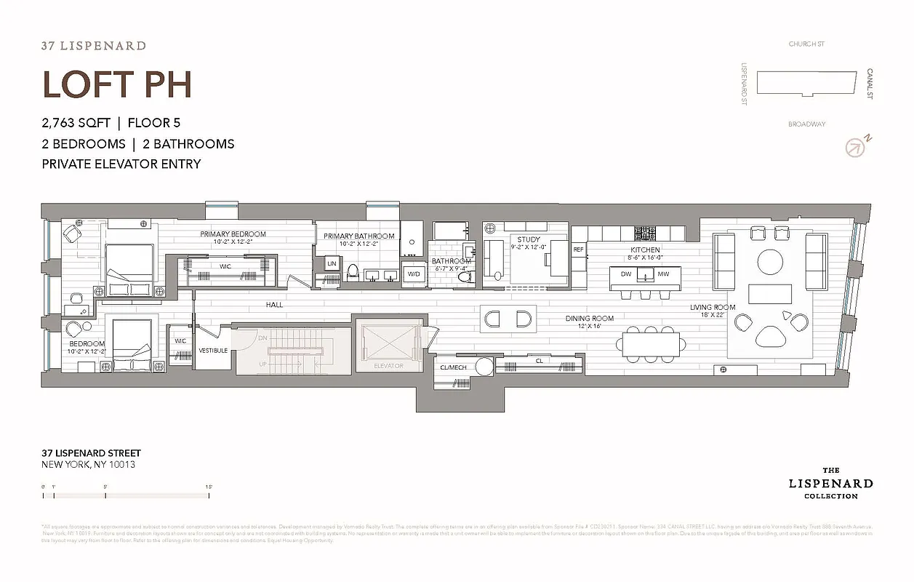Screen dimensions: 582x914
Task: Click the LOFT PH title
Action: (x=117, y=84)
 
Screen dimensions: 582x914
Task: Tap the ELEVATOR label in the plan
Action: (x=388, y=366)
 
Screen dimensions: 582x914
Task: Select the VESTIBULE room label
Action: (x=213, y=351)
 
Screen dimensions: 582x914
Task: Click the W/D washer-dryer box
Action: (x=414, y=274)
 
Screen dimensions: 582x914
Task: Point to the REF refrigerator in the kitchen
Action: (x=579, y=250)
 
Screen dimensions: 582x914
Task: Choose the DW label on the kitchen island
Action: (x=626, y=274)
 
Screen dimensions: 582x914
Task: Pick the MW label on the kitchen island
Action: (x=663, y=274)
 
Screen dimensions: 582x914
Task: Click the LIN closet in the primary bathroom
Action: (x=332, y=263)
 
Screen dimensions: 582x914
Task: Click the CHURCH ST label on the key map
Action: (x=806, y=44)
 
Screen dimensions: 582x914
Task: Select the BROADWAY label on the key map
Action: (x=806, y=124)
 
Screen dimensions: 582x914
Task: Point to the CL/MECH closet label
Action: (x=454, y=367)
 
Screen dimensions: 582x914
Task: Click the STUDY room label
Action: (x=529, y=239)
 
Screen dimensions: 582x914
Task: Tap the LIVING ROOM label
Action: (x=713, y=308)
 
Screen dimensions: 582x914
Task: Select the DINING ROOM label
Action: (x=590, y=319)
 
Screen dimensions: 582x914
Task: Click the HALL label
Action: (x=274, y=305)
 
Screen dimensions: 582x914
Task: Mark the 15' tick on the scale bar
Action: (x=209, y=495)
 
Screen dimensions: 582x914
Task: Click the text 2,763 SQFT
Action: (x=76, y=123)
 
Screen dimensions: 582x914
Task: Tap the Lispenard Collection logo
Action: (x=830, y=483)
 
